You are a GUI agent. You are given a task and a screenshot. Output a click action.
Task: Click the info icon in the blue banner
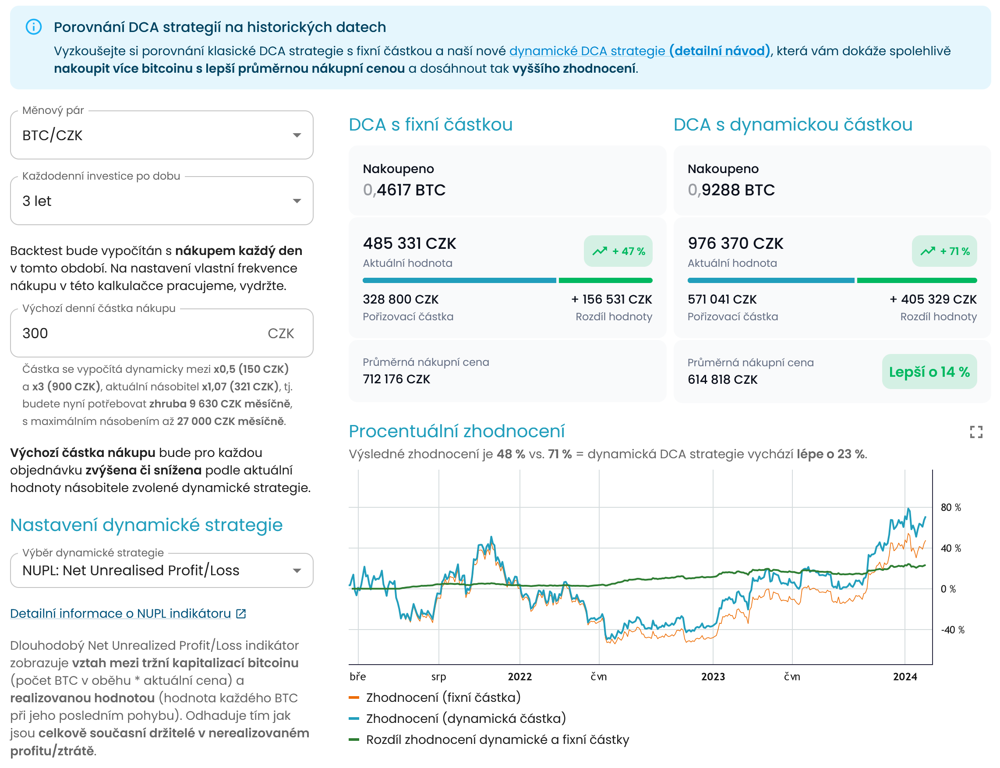(x=33, y=27)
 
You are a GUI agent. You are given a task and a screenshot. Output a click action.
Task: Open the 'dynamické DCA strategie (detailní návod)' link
(x=640, y=51)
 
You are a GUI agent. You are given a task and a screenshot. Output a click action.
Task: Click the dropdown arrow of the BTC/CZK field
(x=297, y=135)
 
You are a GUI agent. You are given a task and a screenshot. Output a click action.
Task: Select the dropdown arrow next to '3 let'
(x=297, y=201)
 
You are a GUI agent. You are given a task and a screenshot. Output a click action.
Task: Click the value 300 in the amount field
(x=35, y=333)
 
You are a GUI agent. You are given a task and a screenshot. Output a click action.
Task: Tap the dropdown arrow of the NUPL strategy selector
(x=297, y=570)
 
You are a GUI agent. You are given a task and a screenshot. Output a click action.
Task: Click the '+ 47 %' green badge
(x=618, y=251)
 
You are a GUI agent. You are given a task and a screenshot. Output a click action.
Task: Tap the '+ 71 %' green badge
(x=944, y=251)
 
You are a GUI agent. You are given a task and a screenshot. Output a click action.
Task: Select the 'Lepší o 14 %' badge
(x=929, y=372)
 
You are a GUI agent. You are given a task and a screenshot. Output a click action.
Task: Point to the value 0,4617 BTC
(x=404, y=190)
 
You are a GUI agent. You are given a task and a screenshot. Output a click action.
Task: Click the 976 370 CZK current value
(x=735, y=244)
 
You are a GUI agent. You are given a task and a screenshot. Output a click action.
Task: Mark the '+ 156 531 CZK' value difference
(x=611, y=299)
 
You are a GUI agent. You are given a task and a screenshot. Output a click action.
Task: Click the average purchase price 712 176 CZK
(x=396, y=379)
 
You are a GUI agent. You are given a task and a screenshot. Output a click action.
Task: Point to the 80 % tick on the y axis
(x=951, y=507)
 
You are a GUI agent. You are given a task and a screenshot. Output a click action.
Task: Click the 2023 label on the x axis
(x=713, y=676)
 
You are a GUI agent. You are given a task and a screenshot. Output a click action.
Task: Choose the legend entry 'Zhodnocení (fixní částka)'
(x=435, y=697)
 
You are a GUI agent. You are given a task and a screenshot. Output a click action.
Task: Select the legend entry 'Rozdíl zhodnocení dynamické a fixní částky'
(x=489, y=740)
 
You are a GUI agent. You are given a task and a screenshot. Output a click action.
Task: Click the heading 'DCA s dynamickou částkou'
(x=793, y=124)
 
